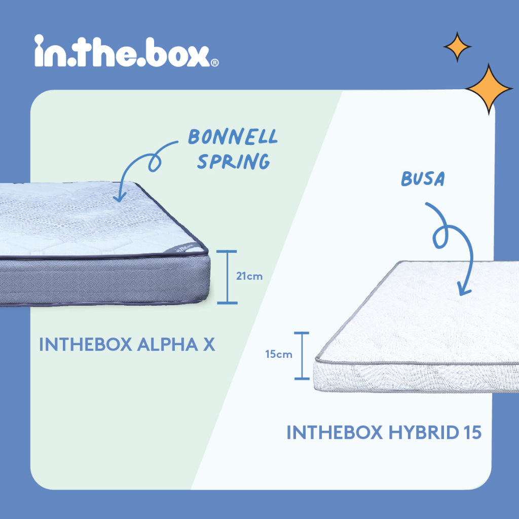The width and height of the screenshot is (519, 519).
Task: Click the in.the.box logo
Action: point(126,51)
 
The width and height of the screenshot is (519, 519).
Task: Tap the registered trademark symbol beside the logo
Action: point(214,62)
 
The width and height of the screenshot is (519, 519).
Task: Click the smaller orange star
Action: point(458,47)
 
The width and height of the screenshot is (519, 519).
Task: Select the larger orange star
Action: point(489,89)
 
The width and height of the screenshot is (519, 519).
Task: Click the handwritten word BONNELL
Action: point(233,136)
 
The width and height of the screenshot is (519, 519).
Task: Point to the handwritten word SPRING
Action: point(233,161)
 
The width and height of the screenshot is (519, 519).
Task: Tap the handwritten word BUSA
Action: point(423,179)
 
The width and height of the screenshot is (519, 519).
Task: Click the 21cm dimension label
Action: point(249,276)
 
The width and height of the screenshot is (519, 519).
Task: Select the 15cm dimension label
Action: point(279,354)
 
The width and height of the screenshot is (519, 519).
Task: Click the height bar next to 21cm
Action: point(227,277)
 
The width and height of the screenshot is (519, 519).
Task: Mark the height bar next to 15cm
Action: point(302,355)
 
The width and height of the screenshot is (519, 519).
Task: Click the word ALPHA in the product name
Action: point(167,345)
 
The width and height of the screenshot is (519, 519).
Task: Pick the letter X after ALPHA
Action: point(209,345)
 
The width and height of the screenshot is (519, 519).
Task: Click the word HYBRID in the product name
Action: point(422,432)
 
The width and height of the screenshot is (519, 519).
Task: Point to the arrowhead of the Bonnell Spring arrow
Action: point(119,198)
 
